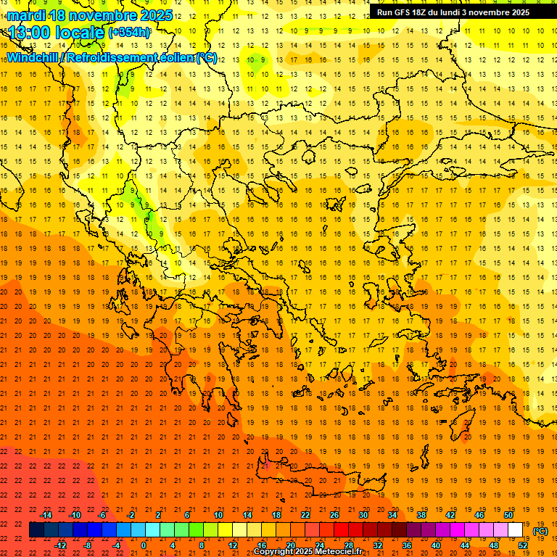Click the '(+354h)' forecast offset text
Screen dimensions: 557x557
(x=129, y=33)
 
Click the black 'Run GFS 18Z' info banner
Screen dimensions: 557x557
(x=453, y=12)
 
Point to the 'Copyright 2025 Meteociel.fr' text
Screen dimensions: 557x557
(x=308, y=552)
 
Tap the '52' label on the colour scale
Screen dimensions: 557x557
(x=523, y=545)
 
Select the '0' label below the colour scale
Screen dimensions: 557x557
(x=144, y=545)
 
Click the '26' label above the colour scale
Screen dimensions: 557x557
(x=334, y=515)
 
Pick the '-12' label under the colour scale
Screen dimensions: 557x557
(x=61, y=545)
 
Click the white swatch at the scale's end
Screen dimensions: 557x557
(x=515, y=530)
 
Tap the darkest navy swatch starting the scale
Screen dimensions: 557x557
(x=36, y=530)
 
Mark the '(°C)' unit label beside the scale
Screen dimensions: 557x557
(x=540, y=531)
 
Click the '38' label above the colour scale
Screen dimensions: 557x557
(x=421, y=515)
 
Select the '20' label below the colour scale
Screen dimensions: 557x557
(x=290, y=545)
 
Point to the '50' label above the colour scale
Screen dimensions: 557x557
(x=508, y=515)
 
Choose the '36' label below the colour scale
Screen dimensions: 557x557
(x=407, y=545)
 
